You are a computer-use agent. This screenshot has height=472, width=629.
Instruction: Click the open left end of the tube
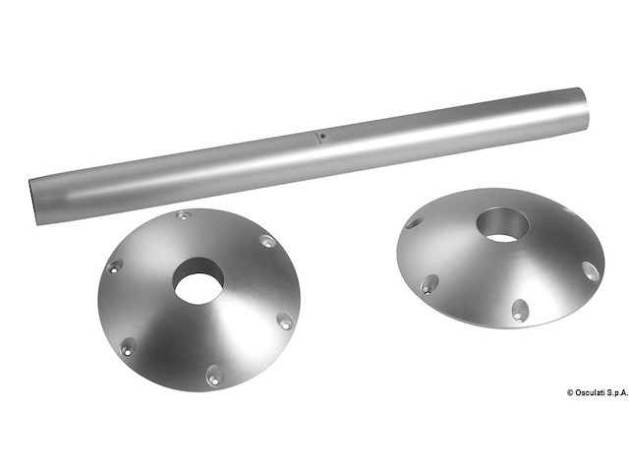coord(34,202)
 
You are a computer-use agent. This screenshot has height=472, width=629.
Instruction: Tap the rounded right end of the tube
coord(584,108)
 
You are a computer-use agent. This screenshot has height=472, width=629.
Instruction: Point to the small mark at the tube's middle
coord(322,137)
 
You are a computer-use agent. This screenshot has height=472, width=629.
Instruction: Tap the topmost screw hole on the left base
coord(184,215)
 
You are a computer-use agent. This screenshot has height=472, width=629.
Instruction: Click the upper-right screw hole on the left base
coord(267,241)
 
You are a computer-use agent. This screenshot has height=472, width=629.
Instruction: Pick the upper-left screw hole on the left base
coord(114,266)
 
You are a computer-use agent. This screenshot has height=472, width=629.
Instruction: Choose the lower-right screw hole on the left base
coord(285,322)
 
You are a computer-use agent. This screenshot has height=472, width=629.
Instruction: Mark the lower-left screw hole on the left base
coord(129,347)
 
